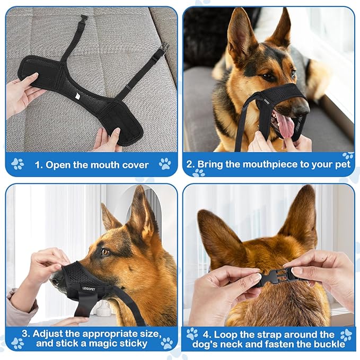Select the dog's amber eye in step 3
tap(105, 252)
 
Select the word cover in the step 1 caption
tap(134, 164)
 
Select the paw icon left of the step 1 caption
tap(18, 164)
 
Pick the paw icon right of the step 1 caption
tap(165, 163)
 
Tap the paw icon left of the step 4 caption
tap(192, 334)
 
